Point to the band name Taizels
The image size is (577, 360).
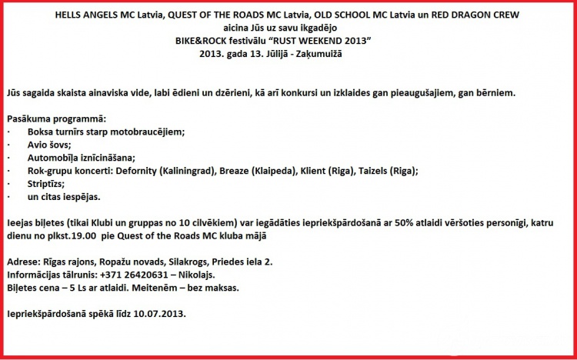click(377, 171)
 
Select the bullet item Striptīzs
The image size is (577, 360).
click(45, 184)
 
